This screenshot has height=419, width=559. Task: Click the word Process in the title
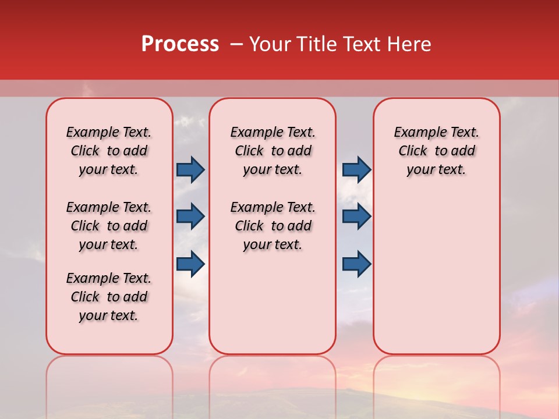click(180, 44)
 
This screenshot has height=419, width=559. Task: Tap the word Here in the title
click(410, 44)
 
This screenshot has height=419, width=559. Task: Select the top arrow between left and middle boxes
click(190, 170)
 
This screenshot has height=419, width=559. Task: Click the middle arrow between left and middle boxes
click(190, 216)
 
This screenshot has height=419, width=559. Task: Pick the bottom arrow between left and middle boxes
click(190, 264)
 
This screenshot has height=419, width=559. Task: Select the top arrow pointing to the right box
click(356, 170)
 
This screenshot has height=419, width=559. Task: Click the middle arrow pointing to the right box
click(356, 216)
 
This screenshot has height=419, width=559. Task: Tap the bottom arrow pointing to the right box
click(356, 264)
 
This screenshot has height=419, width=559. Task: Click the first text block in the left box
click(109, 151)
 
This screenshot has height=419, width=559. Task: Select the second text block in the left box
click(109, 226)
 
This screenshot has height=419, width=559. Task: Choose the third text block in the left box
click(109, 297)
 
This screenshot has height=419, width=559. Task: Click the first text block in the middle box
click(273, 151)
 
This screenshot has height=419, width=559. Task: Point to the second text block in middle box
click(273, 226)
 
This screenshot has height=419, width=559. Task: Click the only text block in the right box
click(436, 151)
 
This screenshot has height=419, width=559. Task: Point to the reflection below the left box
click(109, 378)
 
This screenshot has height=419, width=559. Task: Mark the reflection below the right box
click(436, 378)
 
